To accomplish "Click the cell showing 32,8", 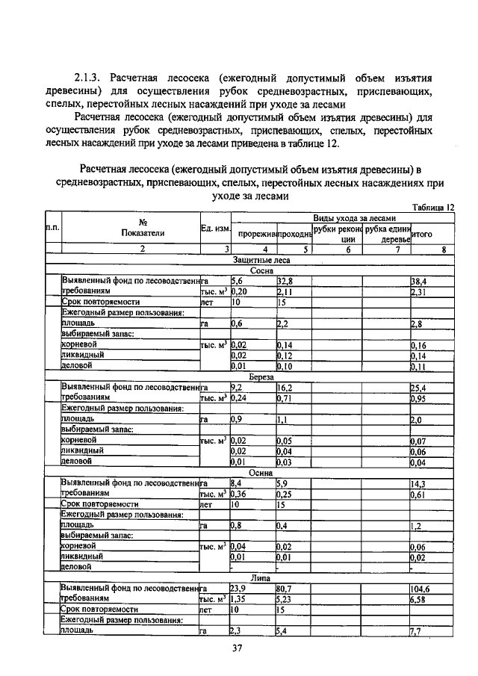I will pyautogui.click(x=285, y=281).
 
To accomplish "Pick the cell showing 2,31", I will pyautogui.click(x=418, y=291).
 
